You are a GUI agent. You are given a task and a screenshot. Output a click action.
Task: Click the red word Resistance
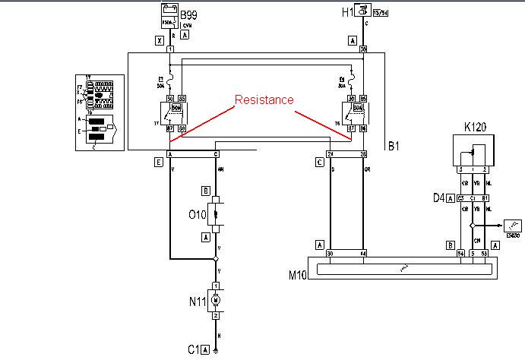coord(264,99)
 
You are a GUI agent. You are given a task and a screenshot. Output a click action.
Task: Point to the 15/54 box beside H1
coord(374,11)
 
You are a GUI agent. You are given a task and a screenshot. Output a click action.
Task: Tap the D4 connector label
coord(438,198)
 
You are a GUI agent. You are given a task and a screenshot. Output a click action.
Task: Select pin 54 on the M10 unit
coord(460,253)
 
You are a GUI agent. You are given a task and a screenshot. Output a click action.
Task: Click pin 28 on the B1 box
coord(363,154)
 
